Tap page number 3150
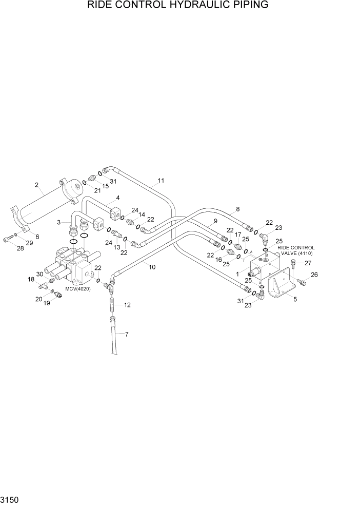(10, 499)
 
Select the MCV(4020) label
(78, 289)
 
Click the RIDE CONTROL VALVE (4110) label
(296, 250)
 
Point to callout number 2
(37, 185)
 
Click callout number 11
(161, 181)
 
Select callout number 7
(126, 335)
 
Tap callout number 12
(127, 305)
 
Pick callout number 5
(295, 300)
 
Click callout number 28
(21, 248)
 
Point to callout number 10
(152, 266)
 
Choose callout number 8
(237, 209)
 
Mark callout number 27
(308, 263)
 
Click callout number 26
(314, 275)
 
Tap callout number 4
(117, 198)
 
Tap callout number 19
(47, 303)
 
